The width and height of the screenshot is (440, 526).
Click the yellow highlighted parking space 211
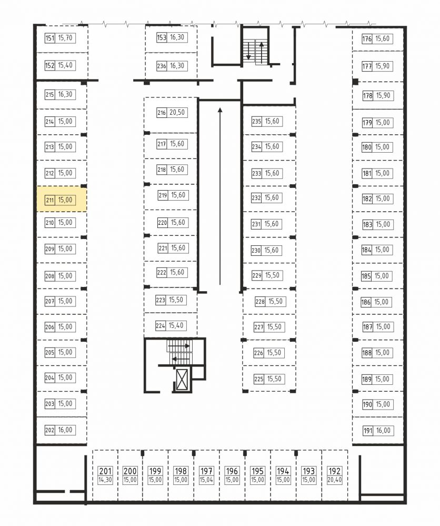(x=62, y=199)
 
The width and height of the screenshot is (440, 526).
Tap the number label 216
(x=162, y=113)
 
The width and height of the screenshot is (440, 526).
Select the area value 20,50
(x=177, y=112)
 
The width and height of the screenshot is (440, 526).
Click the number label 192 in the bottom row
(x=334, y=471)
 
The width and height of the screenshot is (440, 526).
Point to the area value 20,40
(x=334, y=480)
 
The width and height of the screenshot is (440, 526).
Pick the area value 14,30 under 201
(x=105, y=480)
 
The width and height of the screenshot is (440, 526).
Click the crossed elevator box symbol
(x=182, y=379)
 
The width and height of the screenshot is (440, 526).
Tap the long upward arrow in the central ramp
(x=220, y=196)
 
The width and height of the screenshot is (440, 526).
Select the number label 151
(x=50, y=38)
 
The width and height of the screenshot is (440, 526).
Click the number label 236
(x=162, y=66)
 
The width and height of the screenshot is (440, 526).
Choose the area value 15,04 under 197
(x=206, y=480)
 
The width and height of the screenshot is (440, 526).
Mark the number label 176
(x=367, y=39)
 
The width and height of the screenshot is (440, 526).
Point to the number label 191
(x=368, y=431)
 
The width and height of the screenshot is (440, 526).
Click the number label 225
(x=259, y=379)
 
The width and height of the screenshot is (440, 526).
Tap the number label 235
(x=256, y=122)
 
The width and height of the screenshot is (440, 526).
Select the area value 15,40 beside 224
(x=176, y=325)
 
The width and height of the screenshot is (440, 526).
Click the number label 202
(x=49, y=430)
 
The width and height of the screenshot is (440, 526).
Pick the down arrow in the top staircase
(x=248, y=51)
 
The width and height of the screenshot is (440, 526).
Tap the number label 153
(x=162, y=37)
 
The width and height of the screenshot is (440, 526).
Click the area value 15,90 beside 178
(x=383, y=96)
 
